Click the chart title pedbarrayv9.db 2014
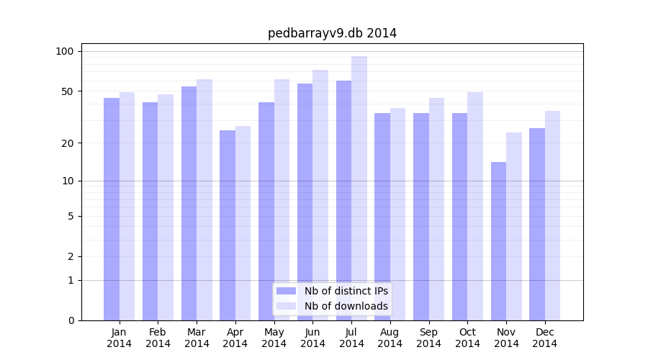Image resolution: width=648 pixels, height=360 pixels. [332, 33]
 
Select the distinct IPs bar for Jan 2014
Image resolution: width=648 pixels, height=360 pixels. [112, 209]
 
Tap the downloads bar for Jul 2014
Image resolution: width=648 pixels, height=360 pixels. [359, 187]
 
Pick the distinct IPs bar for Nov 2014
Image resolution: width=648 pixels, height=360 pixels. [498, 241]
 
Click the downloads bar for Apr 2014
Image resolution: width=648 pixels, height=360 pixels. [243, 223]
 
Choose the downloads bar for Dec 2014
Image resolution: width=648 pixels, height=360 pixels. [552, 216]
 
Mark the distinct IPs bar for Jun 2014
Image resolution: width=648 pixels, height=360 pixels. [305, 202]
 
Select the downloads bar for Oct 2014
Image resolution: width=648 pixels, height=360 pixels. [475, 206]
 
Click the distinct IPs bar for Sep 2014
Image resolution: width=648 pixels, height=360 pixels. [421, 216]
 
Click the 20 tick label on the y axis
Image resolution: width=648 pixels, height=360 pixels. [68, 143]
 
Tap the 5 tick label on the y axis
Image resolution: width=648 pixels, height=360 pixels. [71, 216]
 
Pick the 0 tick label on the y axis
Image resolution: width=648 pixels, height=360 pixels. [71, 320]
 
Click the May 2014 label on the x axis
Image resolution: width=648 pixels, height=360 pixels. [274, 338]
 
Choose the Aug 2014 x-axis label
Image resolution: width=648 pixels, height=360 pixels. [390, 338]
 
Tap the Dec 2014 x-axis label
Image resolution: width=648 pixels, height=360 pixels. [544, 338]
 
